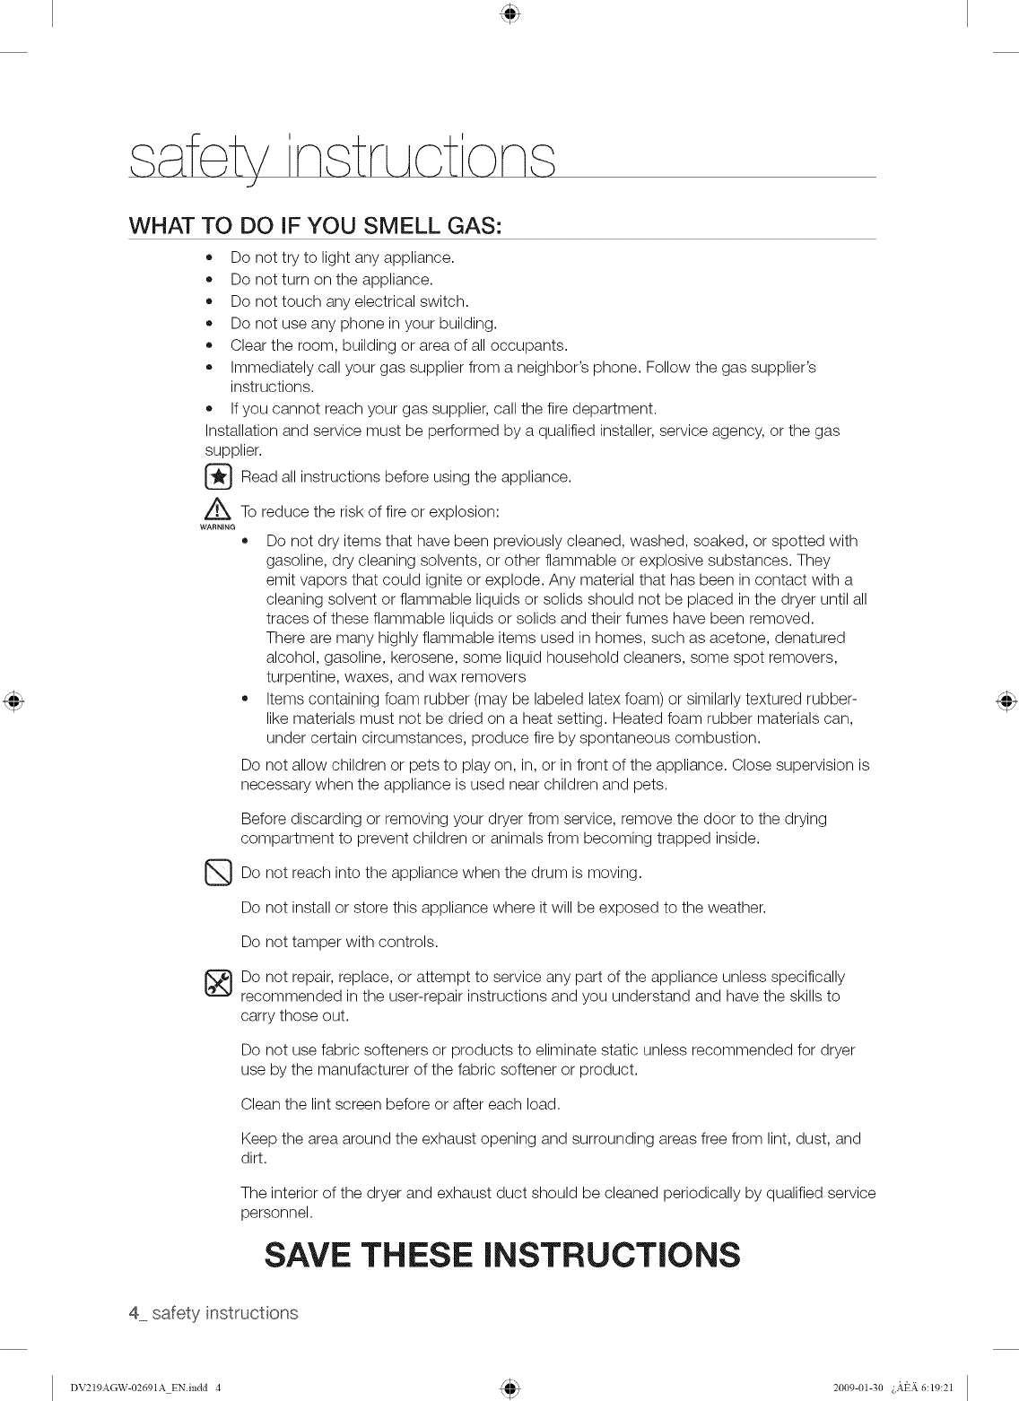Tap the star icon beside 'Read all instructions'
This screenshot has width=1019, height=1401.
pos(218,476)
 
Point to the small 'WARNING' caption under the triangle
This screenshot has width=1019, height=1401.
pos(218,527)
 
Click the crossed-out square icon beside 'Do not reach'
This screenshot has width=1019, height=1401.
pos(218,872)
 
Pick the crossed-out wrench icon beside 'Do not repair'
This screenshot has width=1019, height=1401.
pos(218,984)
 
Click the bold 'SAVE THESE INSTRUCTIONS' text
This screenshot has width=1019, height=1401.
pos(503,1255)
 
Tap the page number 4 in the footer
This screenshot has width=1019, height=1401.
pos(134,1314)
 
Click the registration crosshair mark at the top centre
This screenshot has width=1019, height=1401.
pos(509,13)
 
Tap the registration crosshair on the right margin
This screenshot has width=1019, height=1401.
pos(1006,700)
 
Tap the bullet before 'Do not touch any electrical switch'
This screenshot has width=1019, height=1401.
pos(209,301)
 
